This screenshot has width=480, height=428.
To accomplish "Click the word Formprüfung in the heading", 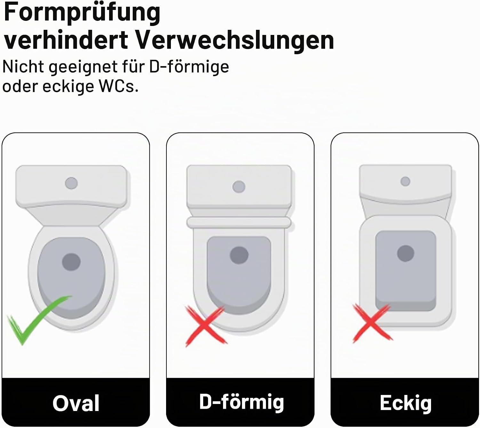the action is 82,13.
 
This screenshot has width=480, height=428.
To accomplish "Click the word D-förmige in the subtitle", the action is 189,67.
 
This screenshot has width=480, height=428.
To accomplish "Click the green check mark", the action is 39,320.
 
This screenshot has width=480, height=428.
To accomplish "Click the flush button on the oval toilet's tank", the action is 71,183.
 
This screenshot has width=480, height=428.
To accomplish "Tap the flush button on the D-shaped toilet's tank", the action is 239,187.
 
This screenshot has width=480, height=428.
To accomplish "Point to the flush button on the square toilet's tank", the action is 405,181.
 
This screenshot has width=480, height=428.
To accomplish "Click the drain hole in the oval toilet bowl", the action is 71,262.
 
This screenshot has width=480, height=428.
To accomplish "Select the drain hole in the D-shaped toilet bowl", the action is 239,255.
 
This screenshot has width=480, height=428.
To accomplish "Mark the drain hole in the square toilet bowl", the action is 406,253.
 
